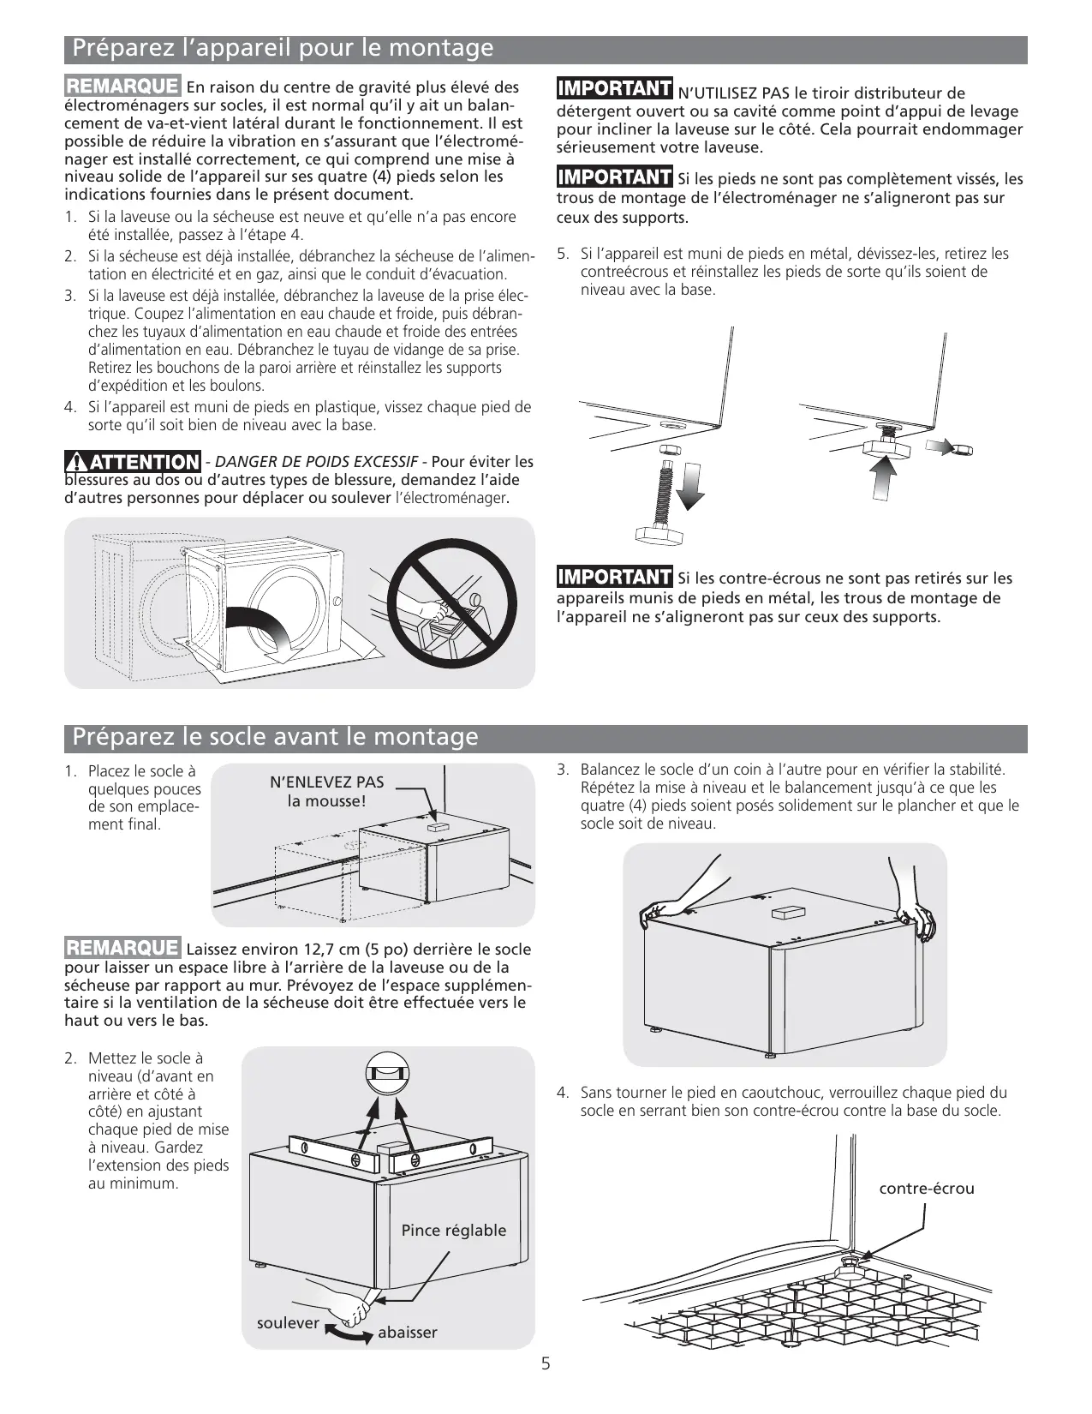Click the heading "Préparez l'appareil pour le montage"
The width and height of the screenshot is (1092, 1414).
[283, 48]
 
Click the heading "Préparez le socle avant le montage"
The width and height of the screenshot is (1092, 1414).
[275, 737]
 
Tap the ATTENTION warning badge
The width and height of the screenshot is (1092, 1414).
[133, 463]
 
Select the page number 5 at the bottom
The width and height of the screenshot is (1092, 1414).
[546, 1364]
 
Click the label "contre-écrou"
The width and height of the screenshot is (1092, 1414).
[927, 1189]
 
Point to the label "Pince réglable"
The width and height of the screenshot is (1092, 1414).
[454, 1231]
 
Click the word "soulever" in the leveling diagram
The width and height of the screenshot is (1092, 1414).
[288, 1323]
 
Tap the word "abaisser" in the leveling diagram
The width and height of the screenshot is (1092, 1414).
[408, 1333]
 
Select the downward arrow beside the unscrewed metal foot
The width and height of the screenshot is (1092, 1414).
[690, 488]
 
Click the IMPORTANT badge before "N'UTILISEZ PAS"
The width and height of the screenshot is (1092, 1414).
[614, 89]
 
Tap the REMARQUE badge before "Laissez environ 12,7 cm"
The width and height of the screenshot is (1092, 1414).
[122, 949]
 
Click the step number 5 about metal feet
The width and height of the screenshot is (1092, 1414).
[562, 254]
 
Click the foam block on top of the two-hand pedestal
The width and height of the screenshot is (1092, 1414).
[784, 914]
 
